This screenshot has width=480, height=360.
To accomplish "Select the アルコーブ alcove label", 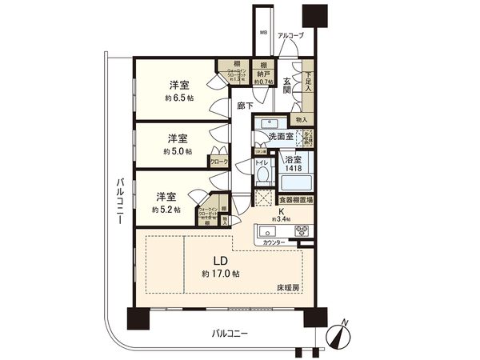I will [x=290, y=36].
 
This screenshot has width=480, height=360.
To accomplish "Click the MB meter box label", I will [x=262, y=34].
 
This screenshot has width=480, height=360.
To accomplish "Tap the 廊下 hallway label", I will [x=245, y=105].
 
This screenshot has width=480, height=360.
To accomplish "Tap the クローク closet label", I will [x=218, y=161].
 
